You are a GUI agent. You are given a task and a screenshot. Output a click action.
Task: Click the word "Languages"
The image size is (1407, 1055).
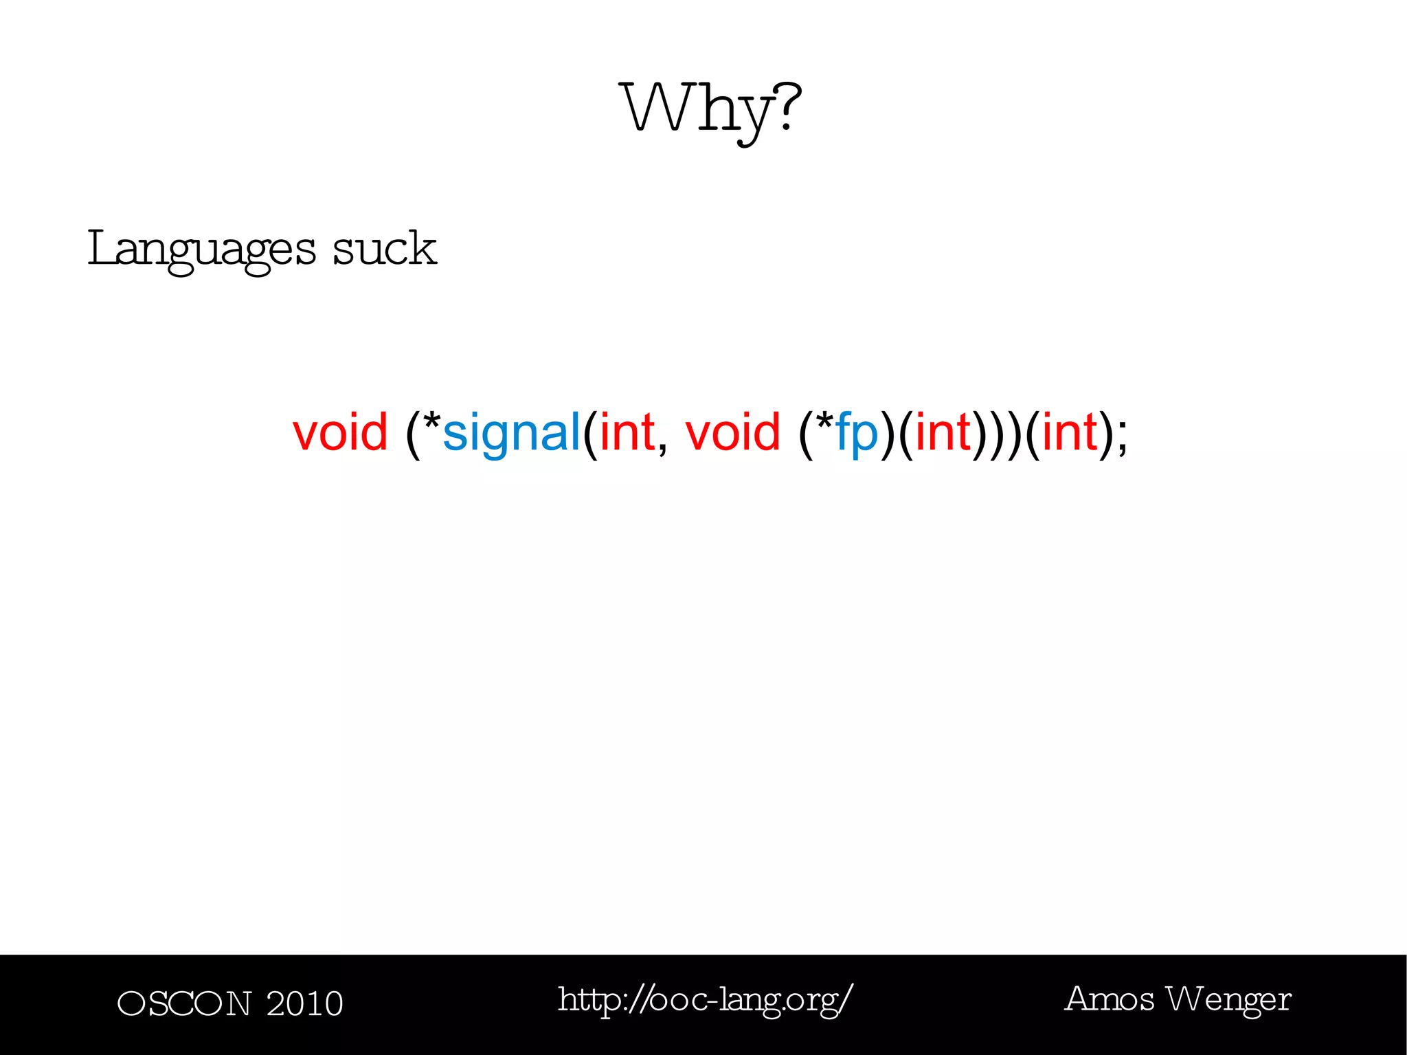pyautogui.click(x=201, y=249)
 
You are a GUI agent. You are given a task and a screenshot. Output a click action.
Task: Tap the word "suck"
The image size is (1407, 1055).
pyautogui.click(x=385, y=248)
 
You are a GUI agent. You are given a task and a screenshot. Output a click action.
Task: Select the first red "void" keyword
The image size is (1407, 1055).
pyautogui.click(x=340, y=432)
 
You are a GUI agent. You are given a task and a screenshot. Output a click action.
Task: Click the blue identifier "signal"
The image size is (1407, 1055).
pyautogui.click(x=512, y=434)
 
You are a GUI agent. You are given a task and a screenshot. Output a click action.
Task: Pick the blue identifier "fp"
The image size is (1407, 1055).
pyautogui.click(x=857, y=434)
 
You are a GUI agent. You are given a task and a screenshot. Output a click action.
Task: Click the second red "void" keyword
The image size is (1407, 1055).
pyautogui.click(x=732, y=432)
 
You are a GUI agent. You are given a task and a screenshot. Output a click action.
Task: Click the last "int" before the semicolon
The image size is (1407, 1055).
pyautogui.click(x=1070, y=432)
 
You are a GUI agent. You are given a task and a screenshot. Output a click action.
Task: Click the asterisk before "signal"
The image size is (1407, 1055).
pyautogui.click(x=432, y=421)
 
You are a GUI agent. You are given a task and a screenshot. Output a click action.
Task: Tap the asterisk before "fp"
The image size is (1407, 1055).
pyautogui.click(x=825, y=421)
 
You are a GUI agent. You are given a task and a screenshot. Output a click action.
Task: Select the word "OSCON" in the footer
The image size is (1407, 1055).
pyautogui.click(x=184, y=1003)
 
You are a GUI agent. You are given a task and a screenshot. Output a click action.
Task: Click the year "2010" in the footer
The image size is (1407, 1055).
pyautogui.click(x=304, y=1003)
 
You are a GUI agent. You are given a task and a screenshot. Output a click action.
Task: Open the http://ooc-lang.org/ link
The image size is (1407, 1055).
pyautogui.click(x=706, y=1000)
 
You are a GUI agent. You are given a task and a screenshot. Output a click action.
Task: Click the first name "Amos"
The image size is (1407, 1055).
pyautogui.click(x=1109, y=999)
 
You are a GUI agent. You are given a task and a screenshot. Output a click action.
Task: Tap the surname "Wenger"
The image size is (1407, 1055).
pyautogui.click(x=1230, y=1001)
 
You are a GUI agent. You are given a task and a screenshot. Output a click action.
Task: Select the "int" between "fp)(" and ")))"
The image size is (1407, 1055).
pyautogui.click(x=943, y=432)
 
